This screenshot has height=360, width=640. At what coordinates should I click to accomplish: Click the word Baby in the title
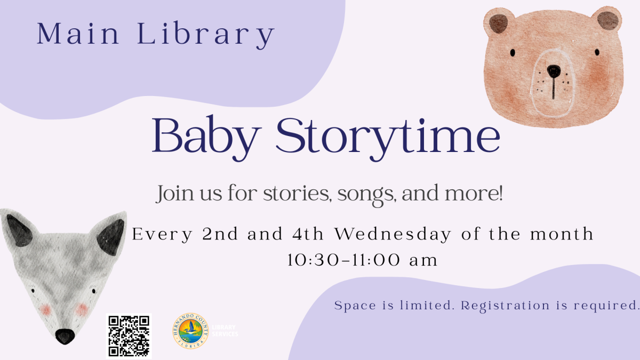tap(204, 136)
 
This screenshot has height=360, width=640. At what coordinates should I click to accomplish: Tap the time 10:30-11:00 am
tap(362, 260)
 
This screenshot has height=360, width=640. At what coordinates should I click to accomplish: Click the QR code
tap(129, 335)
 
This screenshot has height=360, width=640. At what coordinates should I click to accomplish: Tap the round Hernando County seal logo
tap(190, 331)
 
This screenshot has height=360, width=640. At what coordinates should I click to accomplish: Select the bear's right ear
tap(608, 20)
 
